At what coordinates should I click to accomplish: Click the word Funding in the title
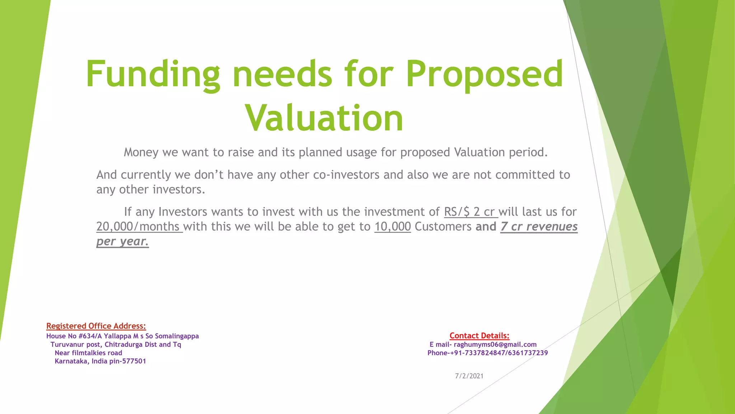click(153, 74)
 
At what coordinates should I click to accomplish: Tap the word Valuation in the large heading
click(324, 118)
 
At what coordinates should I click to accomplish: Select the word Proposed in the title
click(484, 74)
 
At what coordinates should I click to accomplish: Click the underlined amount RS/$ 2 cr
click(471, 212)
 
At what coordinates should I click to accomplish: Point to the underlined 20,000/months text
click(139, 226)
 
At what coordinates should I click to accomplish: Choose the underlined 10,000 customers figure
click(393, 226)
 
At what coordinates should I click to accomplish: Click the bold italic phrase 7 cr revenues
click(539, 226)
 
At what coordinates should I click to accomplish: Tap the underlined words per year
click(122, 241)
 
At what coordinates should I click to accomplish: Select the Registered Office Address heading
click(96, 326)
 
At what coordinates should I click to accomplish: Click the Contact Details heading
click(479, 336)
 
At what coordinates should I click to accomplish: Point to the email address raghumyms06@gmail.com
click(495, 344)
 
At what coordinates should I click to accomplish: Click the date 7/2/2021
click(469, 376)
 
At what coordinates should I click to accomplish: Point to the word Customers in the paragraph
click(443, 226)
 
